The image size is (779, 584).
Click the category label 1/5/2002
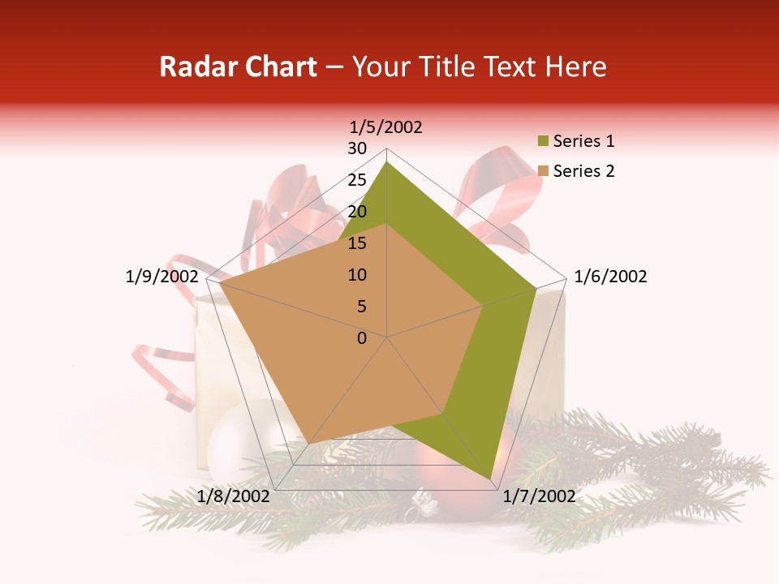[386, 127]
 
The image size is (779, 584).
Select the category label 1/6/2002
[610, 277]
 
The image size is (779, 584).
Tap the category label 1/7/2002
[538, 496]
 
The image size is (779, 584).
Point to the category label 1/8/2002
[234, 496]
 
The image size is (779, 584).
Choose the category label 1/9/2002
[162, 277]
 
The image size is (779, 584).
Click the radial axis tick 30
[357, 148]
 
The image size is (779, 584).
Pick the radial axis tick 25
[357, 180]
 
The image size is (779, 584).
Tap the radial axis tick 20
[357, 212]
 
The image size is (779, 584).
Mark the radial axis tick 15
[357, 243]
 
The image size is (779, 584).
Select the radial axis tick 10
[357, 275]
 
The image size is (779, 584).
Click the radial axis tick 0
[362, 338]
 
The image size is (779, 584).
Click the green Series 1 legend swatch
[544, 142]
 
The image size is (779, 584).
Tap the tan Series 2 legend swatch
[544, 171]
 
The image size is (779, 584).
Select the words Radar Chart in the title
[238, 67]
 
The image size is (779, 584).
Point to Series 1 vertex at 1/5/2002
[386, 161]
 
